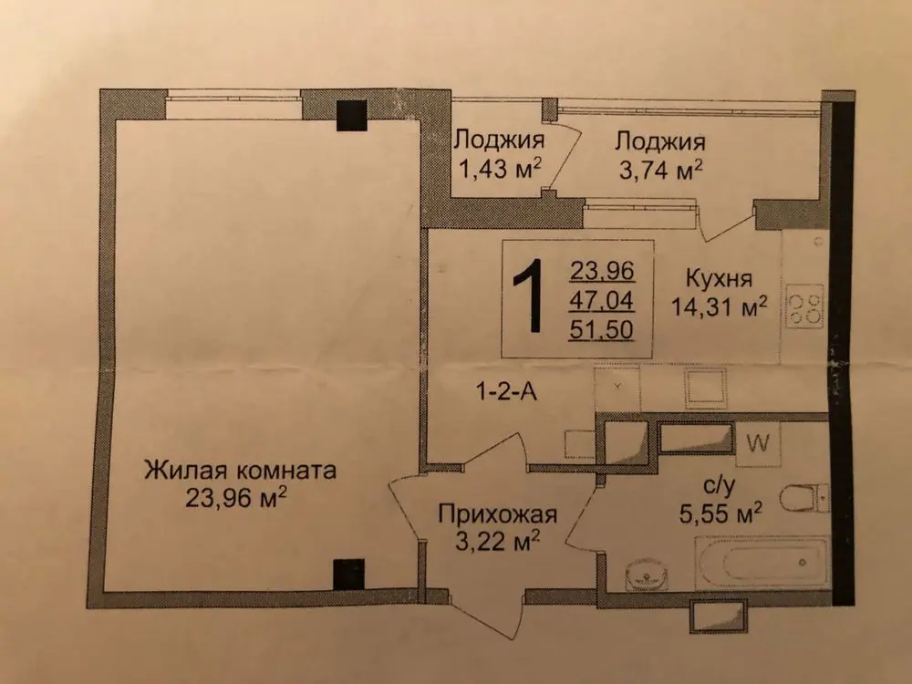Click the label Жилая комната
point(240,470)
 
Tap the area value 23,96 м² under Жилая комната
point(236,497)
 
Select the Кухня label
point(720,279)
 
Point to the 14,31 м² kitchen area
point(720,306)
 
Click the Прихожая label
point(497,514)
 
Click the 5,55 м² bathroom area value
point(720,513)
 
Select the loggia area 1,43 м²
point(501,170)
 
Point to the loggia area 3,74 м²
point(660,170)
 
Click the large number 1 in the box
point(529,296)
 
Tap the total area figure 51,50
point(601,330)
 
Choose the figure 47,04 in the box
point(601,301)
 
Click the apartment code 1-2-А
point(506,392)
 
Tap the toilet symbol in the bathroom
point(804,499)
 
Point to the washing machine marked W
point(759,444)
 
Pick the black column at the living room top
point(352,115)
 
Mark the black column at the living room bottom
point(349,574)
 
